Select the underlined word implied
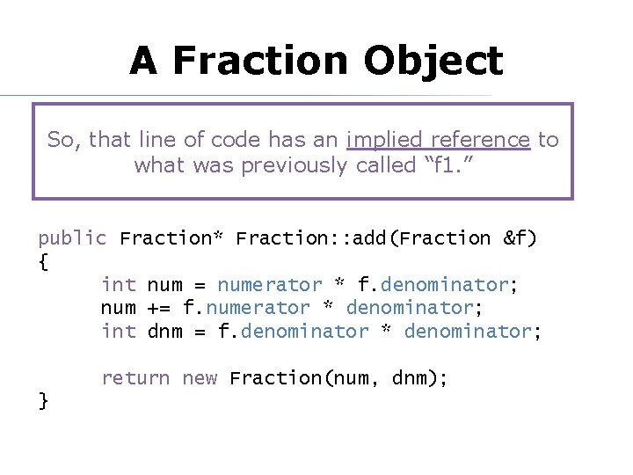(379, 140)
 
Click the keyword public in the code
(72, 238)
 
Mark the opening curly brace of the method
(43, 261)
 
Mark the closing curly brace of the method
(43, 401)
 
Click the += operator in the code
(159, 308)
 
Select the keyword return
(135, 378)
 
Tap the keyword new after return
(200, 378)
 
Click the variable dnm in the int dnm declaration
(164, 332)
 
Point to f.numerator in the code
(246, 308)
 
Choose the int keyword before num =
(119, 285)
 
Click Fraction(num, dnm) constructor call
(338, 378)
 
